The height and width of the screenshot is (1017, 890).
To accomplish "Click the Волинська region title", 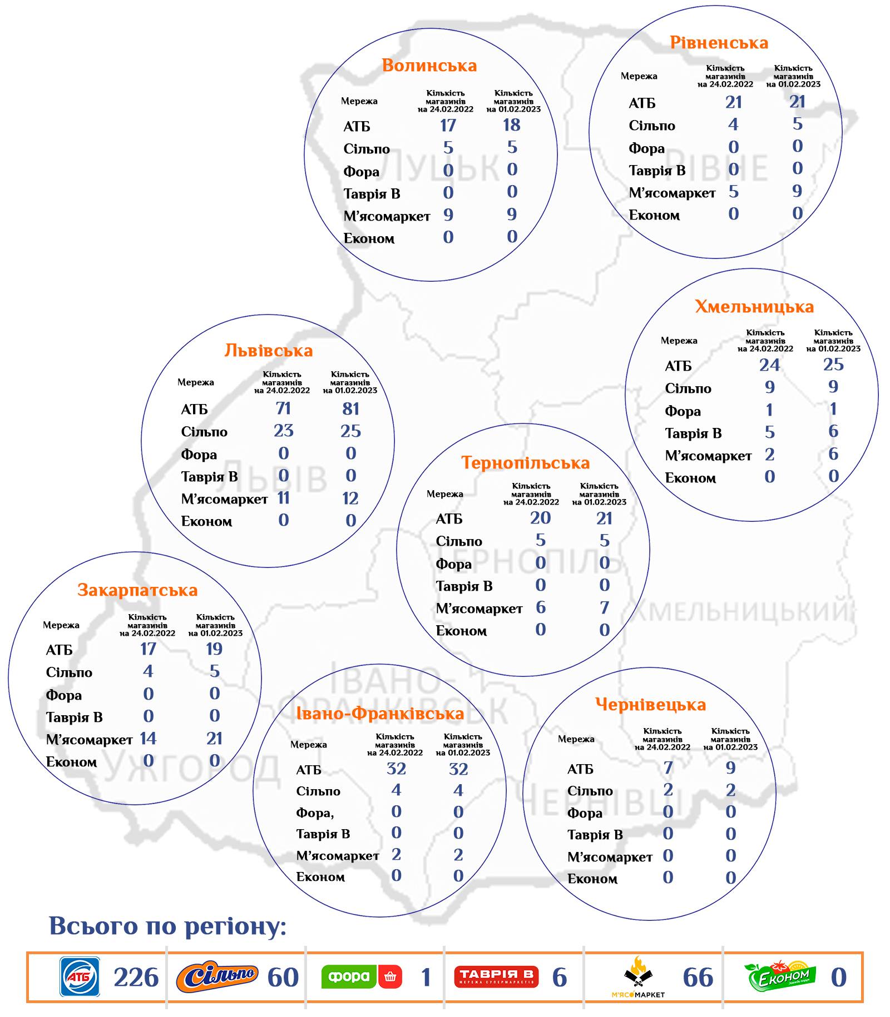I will pos(429,66).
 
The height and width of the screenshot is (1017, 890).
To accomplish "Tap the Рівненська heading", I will pos(719,43).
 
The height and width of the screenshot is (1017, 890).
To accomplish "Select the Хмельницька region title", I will pos(754,307).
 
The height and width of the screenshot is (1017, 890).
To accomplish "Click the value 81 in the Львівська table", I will pos(350,409).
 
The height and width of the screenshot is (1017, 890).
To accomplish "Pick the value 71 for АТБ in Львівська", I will pos(283,408).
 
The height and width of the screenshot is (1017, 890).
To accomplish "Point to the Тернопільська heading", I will pos(525,463).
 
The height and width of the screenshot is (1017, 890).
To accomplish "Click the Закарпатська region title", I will pos(137,590).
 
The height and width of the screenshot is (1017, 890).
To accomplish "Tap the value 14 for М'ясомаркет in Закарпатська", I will pos(148,739).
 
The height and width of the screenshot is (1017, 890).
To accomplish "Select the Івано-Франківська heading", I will pos(380,714).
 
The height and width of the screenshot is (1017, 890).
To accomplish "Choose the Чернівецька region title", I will pos(650,705).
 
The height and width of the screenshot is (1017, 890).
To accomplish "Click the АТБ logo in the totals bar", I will pos(80,976).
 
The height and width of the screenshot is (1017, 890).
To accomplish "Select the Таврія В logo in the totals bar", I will pos(497,976).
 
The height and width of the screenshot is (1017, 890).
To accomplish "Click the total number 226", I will pos(136,978).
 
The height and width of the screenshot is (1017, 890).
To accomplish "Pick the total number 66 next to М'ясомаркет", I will pos(698,978).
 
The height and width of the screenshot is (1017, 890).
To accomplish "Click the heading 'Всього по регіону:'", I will pos(167,926).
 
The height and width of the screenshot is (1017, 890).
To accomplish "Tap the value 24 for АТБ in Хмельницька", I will pos(769,365).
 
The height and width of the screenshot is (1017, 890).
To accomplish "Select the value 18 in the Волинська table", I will pos(512,125).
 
